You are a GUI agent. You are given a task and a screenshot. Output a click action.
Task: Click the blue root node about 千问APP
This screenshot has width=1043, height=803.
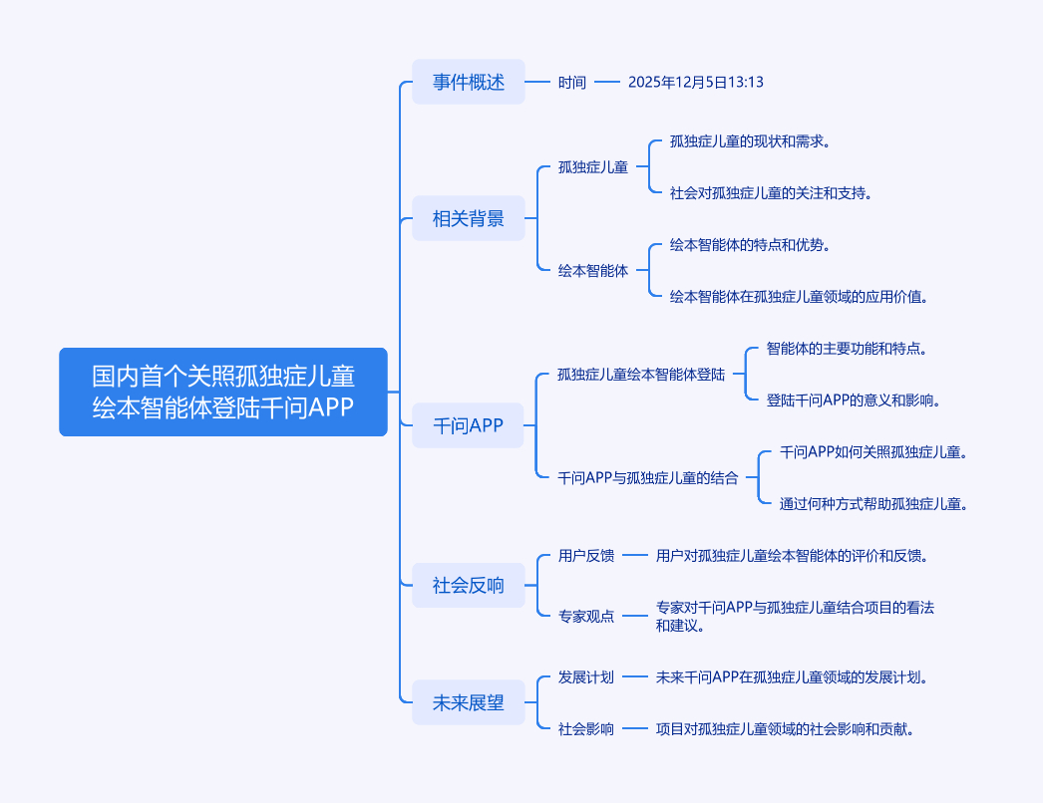point(223,392)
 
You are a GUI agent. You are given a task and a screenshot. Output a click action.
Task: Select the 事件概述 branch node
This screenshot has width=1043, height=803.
point(469,83)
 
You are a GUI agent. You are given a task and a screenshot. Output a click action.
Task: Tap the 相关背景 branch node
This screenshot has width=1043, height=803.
point(469,218)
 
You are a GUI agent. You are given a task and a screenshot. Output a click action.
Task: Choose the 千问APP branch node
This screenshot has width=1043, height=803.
point(469,426)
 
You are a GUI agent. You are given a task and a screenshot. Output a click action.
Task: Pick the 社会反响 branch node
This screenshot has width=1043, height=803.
point(469,585)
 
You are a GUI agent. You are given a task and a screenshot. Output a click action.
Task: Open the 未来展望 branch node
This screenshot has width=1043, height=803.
point(469,702)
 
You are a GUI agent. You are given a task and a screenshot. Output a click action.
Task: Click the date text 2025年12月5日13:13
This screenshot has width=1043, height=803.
point(696,83)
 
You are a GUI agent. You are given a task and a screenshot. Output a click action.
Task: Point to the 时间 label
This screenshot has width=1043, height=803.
point(572,83)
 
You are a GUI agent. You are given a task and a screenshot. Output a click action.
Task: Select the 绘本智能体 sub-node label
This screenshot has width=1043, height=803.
point(593,270)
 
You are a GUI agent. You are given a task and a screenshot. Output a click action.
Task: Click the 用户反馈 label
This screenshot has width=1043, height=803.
point(586,556)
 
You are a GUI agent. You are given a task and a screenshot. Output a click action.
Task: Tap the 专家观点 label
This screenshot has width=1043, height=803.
point(586,617)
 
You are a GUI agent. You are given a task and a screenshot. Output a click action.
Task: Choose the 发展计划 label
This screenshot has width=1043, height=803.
point(586,677)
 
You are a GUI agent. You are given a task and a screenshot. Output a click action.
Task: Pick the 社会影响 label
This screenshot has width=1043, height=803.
point(586,729)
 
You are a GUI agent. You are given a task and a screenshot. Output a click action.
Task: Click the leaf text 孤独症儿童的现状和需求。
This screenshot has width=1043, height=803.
point(751,141)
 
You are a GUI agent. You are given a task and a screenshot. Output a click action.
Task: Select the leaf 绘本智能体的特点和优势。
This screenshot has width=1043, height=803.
point(751,245)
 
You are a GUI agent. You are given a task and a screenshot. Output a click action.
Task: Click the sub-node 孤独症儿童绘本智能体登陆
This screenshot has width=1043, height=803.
point(642,376)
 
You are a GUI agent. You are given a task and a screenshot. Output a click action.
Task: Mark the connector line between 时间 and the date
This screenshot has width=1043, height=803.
point(607,83)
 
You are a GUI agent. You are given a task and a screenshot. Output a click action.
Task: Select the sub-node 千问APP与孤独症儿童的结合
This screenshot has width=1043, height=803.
point(649,478)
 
